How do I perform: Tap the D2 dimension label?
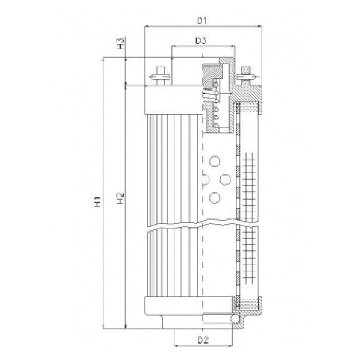(203, 340)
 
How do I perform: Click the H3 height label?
(120, 44)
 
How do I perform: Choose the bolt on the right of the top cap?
(244, 75)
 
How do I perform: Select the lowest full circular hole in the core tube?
(215, 197)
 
